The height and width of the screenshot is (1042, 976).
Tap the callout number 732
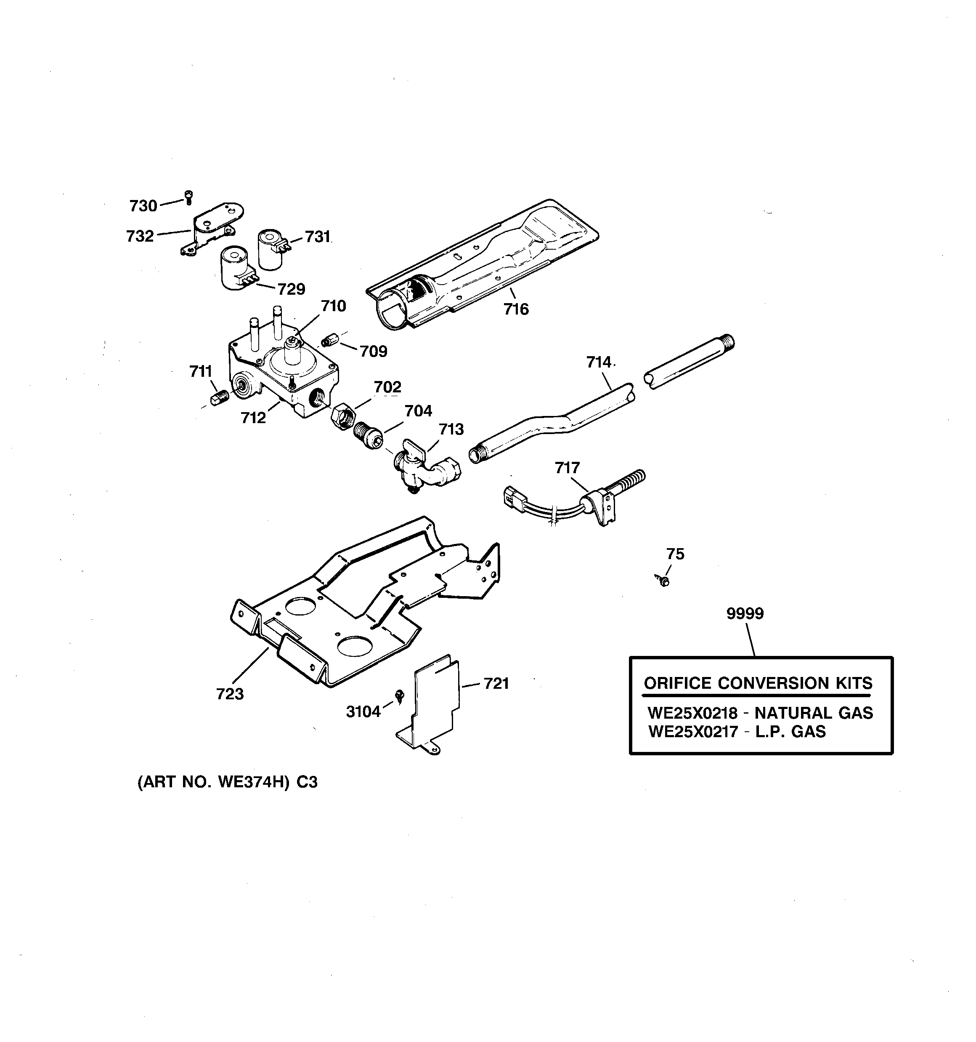point(140,236)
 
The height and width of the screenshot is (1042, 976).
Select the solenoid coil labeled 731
point(271,250)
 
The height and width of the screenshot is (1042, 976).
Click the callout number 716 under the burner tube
point(516,309)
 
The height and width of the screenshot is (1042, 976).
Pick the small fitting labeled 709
point(329,341)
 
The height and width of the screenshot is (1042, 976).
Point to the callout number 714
point(599,362)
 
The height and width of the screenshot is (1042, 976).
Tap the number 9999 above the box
point(745,613)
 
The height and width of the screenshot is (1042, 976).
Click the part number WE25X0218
point(692,713)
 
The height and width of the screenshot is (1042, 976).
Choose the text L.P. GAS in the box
point(790,732)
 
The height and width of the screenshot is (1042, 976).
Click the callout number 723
point(230,694)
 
